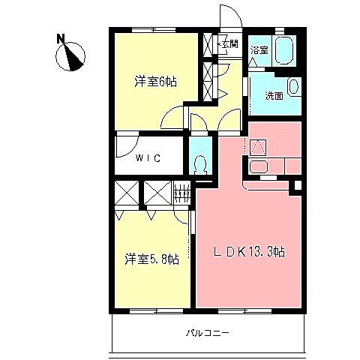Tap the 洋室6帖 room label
pos(155,82)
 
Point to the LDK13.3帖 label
pos(250,253)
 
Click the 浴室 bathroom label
pos(259,50)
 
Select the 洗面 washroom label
pos(273,95)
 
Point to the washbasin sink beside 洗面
pos(293,88)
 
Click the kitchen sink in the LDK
pos(260,167)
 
